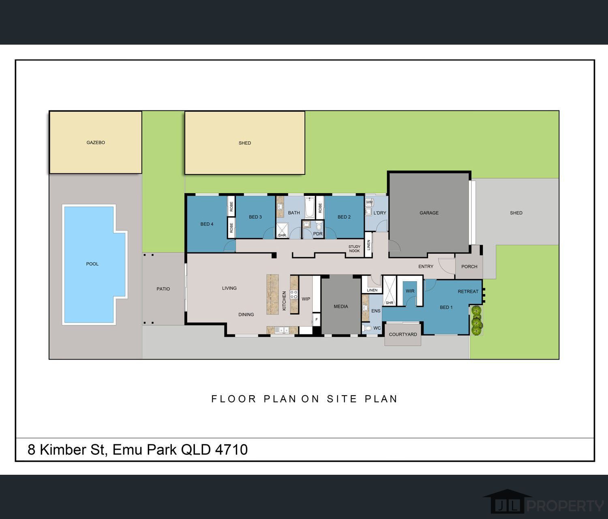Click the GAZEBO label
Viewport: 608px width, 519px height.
pyautogui.click(x=96, y=142)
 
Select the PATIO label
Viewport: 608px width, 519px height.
pyautogui.click(x=163, y=289)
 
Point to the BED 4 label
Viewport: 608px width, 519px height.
pyautogui.click(x=207, y=224)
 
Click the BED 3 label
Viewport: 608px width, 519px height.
pyautogui.click(x=255, y=217)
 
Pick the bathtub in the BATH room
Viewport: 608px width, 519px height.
pyautogui.click(x=309, y=207)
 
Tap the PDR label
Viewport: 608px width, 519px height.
pyautogui.click(x=318, y=234)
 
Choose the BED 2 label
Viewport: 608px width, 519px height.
pyautogui.click(x=344, y=217)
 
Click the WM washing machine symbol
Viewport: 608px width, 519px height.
pyautogui.click(x=369, y=202)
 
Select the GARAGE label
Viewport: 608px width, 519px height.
pyautogui.click(x=429, y=213)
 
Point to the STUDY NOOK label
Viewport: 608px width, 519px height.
pyautogui.click(x=354, y=249)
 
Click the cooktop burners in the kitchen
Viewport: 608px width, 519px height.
pyautogui.click(x=294, y=294)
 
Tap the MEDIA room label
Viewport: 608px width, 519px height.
pyautogui.click(x=341, y=307)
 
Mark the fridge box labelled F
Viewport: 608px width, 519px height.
pyautogui.click(x=317, y=319)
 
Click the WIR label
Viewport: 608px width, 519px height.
pyautogui.click(x=410, y=291)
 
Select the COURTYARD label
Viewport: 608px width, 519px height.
pyautogui.click(x=402, y=334)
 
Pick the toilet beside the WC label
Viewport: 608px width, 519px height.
pyautogui.click(x=367, y=328)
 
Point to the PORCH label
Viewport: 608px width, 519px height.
pyautogui.click(x=469, y=267)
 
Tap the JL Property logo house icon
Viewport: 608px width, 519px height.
pyautogui.click(x=507, y=502)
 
